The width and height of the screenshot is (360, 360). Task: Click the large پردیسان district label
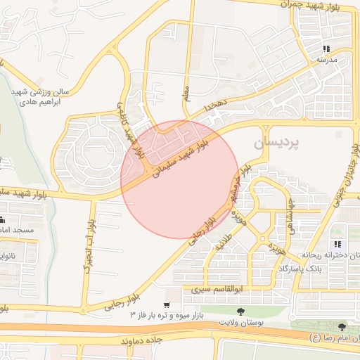point(276,143)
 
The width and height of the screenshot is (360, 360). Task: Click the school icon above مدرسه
point(326,49)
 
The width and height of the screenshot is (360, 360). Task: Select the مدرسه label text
point(326,60)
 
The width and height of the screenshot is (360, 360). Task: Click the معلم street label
point(186,92)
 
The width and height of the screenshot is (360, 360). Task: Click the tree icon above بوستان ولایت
point(241,311)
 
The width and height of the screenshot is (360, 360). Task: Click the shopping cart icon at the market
point(166,305)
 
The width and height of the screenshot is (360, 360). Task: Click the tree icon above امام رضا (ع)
point(342,326)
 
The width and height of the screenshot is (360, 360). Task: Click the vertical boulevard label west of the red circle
point(89,245)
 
